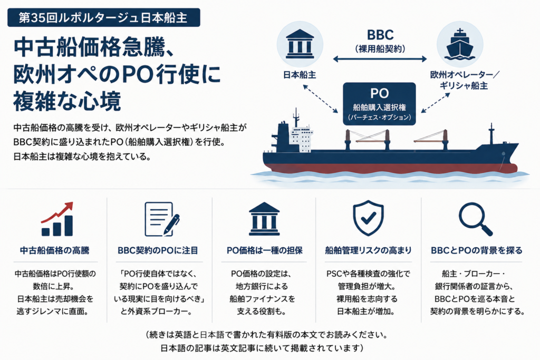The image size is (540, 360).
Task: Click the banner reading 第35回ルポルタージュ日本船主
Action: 104,17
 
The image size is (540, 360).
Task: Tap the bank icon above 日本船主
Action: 300,44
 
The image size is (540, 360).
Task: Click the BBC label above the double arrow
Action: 380,35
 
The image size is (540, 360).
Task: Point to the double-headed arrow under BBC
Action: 380,59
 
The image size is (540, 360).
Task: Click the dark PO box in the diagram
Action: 379,104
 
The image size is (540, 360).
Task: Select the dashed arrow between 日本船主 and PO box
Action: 320,99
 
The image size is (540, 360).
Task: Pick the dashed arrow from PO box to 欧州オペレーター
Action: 436,103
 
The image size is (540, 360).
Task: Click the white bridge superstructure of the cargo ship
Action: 301,139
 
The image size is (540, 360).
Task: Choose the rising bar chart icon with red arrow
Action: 57,219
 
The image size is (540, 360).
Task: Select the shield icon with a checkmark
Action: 368,218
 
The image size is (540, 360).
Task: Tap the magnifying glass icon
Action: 476,219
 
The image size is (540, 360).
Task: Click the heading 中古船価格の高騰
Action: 55,250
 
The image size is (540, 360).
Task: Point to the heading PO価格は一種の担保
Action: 265,250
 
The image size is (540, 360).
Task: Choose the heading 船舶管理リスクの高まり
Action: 368,250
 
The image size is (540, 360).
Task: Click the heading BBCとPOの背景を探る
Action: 477,250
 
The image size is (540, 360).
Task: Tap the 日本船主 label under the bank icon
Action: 300,75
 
